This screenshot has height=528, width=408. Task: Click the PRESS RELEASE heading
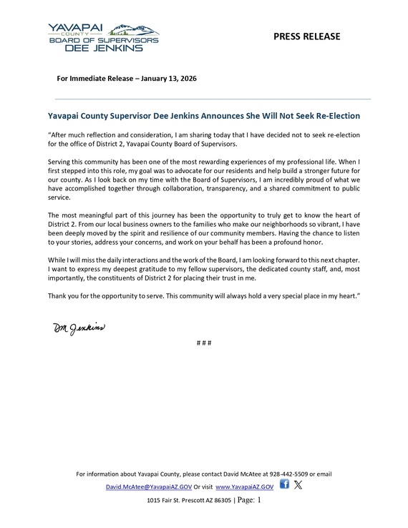pyautogui.click(x=307, y=36)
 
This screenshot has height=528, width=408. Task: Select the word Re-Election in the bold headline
pyautogui.click(x=334, y=115)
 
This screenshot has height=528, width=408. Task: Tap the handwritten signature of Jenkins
pyautogui.click(x=78, y=328)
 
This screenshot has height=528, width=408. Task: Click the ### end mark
pyautogui.click(x=203, y=343)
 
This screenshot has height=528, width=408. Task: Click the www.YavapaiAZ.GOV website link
pyautogui.click(x=238, y=485)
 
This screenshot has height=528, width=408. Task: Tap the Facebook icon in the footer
pyautogui.click(x=284, y=484)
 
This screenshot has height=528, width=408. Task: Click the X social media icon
pyautogui.click(x=298, y=484)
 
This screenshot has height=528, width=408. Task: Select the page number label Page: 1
pyautogui.click(x=250, y=500)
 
